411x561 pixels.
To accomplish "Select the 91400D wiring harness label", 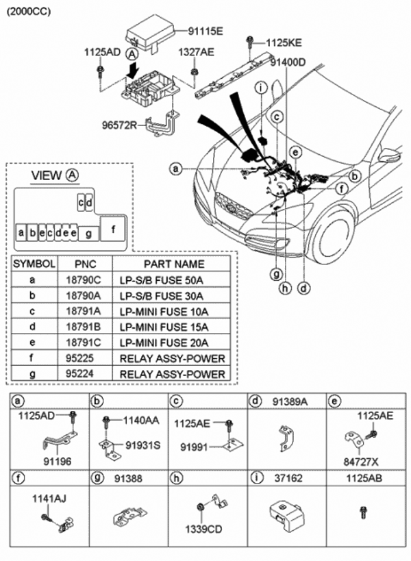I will pos(287,62).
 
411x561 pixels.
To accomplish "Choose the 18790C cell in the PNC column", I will pos(83,279).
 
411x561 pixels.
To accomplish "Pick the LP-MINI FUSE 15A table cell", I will pos(171,327).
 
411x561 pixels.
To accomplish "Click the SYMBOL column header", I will pos(34,264).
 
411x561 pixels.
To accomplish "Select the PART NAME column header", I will pos(173,264).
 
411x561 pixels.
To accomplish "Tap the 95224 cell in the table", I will pos(82,374).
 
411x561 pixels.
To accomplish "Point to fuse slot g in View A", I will pos(88,233).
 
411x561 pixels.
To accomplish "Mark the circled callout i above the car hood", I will pos(261,86).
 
